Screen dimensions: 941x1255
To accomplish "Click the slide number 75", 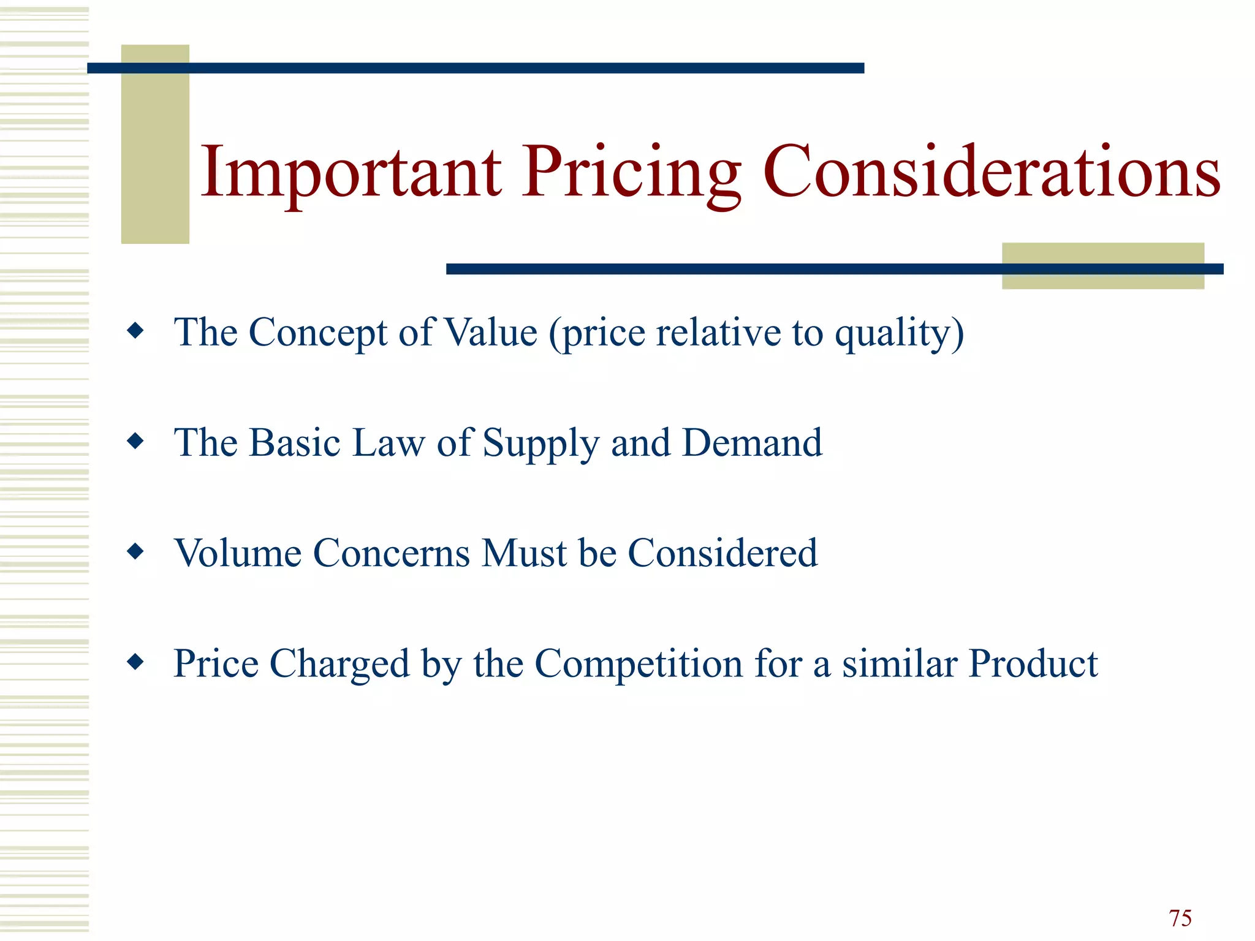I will coord(1180,918).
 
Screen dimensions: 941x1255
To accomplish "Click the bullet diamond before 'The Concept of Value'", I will coord(135,331).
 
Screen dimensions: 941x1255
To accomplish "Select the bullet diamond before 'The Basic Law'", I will coord(135,441).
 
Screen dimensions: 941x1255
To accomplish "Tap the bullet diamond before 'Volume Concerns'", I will coord(135,552).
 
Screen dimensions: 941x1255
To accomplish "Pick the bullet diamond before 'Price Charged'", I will coord(135,662).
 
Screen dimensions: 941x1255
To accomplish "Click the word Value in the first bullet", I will coord(490,333).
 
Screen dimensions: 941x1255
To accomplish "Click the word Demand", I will coord(752,442).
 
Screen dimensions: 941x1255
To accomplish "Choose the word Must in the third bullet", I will coord(524,553).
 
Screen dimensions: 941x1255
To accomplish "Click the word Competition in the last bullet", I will coord(639,663).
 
